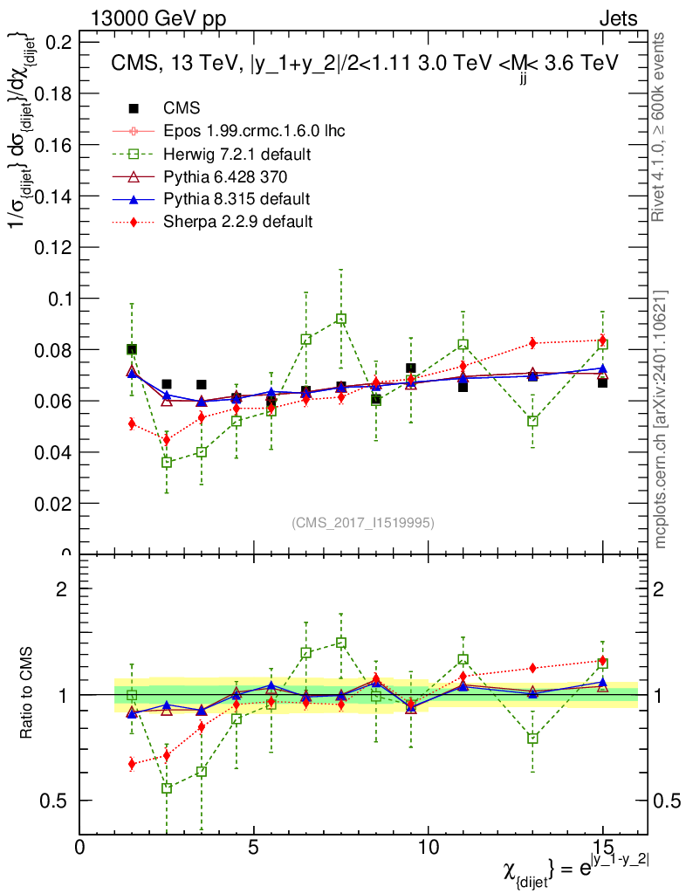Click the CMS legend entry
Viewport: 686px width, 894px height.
[x=182, y=108]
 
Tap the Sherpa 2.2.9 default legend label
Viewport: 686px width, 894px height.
[x=238, y=222]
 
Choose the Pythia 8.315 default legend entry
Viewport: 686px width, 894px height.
[x=237, y=199]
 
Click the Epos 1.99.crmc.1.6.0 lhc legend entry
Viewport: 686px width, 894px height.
[x=254, y=131]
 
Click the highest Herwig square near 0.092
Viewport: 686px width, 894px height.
[x=341, y=320]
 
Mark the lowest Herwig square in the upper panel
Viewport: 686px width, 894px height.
[x=167, y=462]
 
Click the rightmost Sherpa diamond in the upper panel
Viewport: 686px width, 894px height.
[x=602, y=340]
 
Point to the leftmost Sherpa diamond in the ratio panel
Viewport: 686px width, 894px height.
[x=132, y=764]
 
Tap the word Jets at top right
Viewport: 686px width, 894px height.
[x=618, y=19]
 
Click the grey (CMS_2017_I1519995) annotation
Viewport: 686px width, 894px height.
[x=362, y=522]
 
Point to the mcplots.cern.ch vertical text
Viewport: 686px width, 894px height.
[x=661, y=419]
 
